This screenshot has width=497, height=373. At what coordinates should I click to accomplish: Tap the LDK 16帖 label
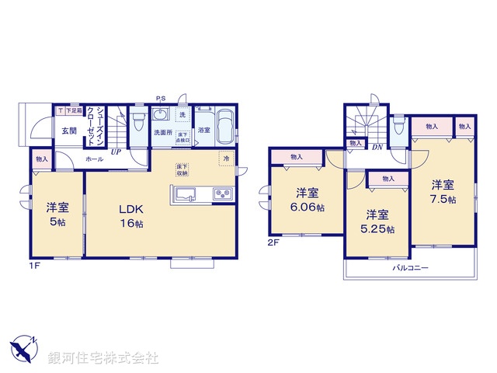coord(131,216)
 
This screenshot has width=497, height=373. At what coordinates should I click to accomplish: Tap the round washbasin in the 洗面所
coord(161,116)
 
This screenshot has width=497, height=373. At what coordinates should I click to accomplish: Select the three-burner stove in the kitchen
coord(221,193)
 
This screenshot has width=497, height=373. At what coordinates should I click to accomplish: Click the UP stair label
coord(116,152)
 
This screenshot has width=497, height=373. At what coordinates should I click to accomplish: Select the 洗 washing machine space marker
coord(182,115)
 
